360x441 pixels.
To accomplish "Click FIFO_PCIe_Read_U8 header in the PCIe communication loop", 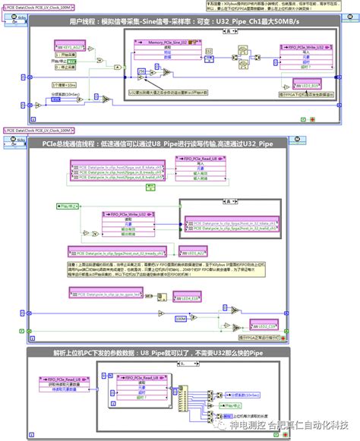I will click(197, 158).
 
